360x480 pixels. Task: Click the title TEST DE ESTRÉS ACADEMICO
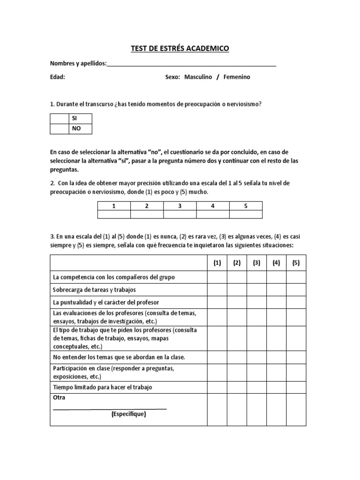(x=180, y=48)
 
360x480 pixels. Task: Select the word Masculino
(x=198, y=77)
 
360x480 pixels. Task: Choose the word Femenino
(x=237, y=77)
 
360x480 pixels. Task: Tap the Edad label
(x=57, y=77)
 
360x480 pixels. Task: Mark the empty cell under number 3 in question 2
(x=180, y=214)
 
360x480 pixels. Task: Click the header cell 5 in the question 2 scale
(x=246, y=205)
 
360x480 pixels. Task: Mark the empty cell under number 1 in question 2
(x=114, y=214)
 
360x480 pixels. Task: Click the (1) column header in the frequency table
(x=217, y=263)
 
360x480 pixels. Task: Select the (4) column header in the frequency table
(x=276, y=263)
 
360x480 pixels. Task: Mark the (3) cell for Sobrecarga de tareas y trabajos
(x=256, y=290)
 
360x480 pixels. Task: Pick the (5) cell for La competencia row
(x=296, y=277)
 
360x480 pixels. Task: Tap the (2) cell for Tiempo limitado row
(x=237, y=387)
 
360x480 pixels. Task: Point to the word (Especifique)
(x=129, y=414)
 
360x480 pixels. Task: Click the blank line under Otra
(x=110, y=408)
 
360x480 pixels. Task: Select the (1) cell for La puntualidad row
(x=217, y=302)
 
